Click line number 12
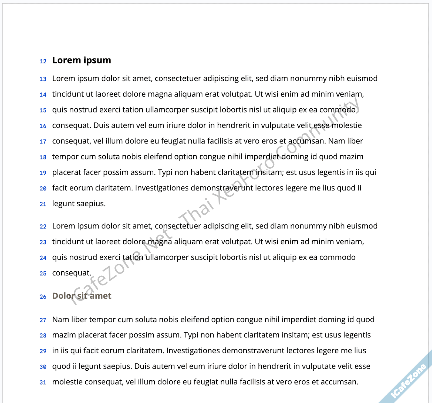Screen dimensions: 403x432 click(x=43, y=62)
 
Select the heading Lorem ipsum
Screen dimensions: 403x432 click(x=82, y=60)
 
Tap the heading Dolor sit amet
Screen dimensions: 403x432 click(x=82, y=296)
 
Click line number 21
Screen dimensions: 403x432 click(x=43, y=204)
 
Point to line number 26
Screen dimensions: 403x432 click(x=43, y=297)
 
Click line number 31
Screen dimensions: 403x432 click(x=43, y=382)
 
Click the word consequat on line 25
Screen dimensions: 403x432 click(x=71, y=273)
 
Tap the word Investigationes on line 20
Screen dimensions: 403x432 click(x=161, y=188)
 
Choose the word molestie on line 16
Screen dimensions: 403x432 click(x=346, y=125)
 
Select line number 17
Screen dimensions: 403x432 click(x=43, y=142)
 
